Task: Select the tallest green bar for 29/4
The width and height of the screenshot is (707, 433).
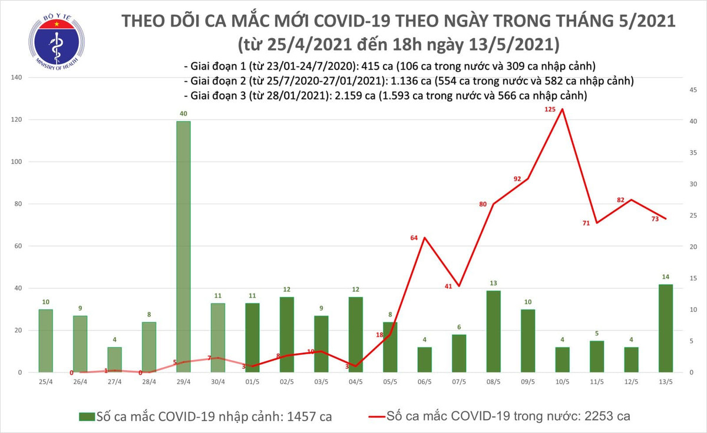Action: click(183, 247)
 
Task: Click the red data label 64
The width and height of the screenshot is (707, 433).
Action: click(414, 238)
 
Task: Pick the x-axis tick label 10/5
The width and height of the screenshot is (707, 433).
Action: click(562, 381)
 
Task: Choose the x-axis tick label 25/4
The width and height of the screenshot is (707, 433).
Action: click(46, 381)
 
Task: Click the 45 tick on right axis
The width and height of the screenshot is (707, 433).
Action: click(693, 90)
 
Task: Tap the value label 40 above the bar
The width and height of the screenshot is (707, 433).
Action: click(183, 114)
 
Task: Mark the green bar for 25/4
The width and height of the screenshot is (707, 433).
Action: click(46, 341)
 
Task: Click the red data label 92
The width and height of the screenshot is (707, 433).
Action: click(518, 179)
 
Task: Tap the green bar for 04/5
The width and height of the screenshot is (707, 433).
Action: click(355, 335)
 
